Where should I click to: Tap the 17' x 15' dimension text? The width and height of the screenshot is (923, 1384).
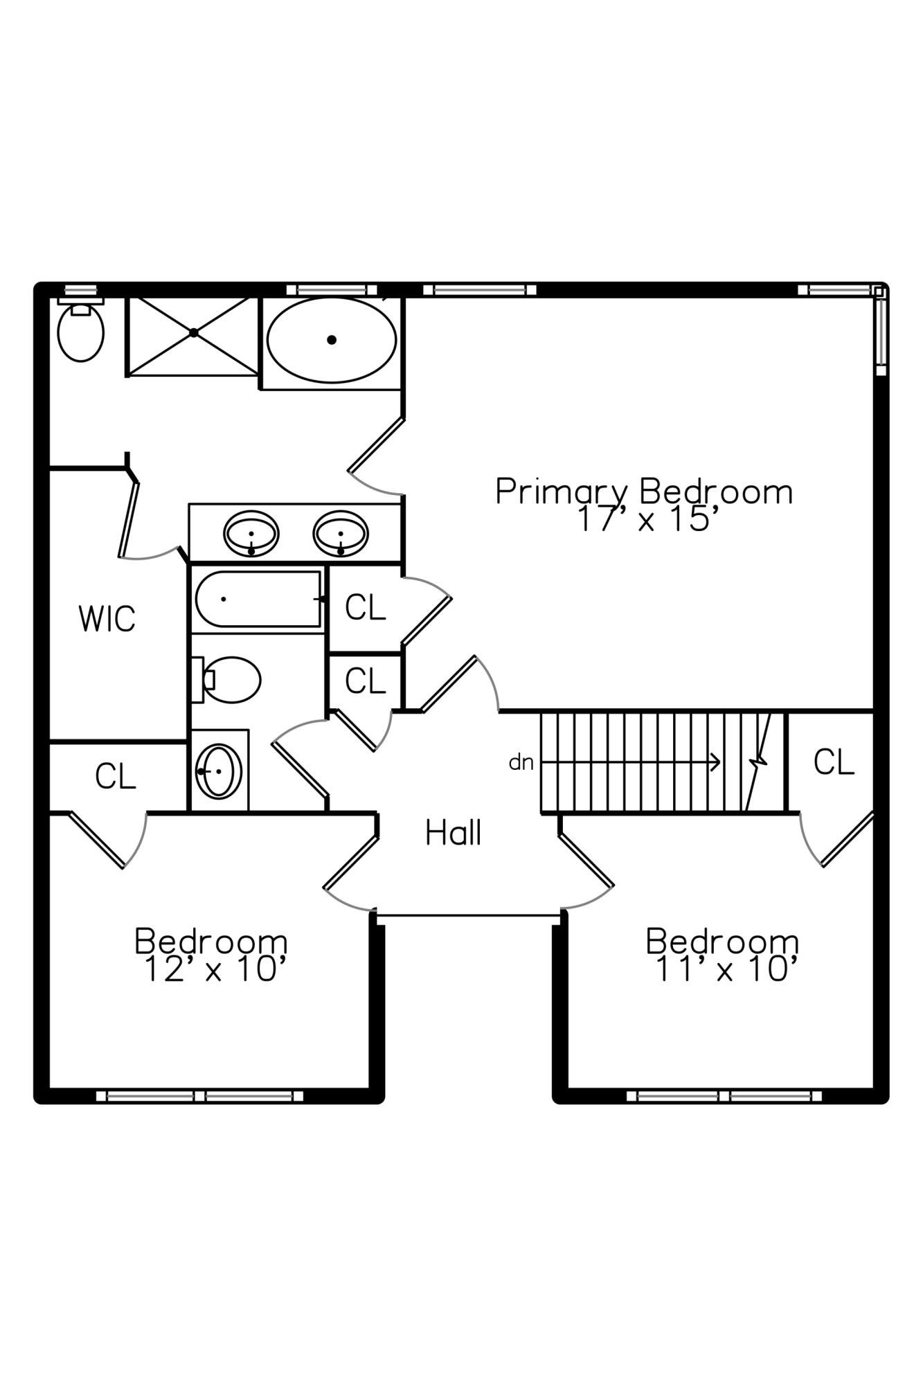point(644,519)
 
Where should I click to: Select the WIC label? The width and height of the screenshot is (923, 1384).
point(107,619)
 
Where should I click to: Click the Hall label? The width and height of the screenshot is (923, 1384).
point(454,833)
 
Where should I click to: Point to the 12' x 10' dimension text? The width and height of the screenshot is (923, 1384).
point(215,969)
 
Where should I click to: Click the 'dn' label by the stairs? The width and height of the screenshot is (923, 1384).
point(521,762)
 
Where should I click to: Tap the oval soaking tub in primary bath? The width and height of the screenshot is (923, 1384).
point(332,339)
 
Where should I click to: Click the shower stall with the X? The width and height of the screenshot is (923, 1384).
point(193,336)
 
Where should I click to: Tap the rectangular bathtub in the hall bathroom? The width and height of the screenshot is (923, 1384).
point(258,599)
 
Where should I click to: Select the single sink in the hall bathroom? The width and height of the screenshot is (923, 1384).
point(219,771)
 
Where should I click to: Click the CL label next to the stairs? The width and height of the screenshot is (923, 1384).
point(834,762)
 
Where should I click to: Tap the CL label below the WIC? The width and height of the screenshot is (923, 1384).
point(115,776)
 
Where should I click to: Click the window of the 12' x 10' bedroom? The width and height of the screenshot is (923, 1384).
point(200,1096)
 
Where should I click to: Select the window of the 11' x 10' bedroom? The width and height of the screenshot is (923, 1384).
point(724,1096)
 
